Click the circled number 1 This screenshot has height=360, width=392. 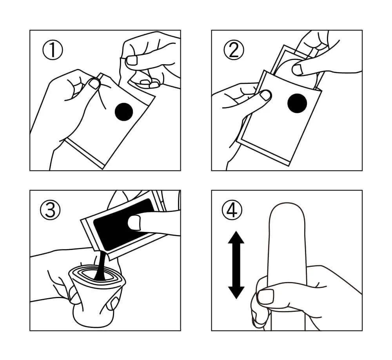[x=53, y=50]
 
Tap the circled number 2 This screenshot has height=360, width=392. [x=234, y=50]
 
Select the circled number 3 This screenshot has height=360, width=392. [x=50, y=210]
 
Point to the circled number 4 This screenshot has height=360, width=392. [x=232, y=210]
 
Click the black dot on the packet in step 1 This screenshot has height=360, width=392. [x=124, y=112]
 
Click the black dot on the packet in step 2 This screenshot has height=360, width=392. [x=297, y=103]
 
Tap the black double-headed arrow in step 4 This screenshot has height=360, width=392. [x=236, y=265]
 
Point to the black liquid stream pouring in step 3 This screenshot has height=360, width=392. [x=101, y=266]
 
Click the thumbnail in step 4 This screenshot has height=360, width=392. [x=265, y=297]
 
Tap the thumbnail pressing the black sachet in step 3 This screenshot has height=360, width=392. [x=134, y=223]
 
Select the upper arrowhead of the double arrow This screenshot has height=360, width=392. [x=236, y=237]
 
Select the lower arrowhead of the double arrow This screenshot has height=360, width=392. [x=236, y=293]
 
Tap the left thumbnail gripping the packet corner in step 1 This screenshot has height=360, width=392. [x=95, y=83]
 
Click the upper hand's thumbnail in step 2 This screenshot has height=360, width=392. [x=298, y=70]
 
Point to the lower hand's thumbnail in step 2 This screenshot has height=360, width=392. [x=265, y=95]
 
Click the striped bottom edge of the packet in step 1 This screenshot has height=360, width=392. [x=84, y=154]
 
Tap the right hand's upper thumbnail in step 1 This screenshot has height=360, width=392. [x=132, y=60]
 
